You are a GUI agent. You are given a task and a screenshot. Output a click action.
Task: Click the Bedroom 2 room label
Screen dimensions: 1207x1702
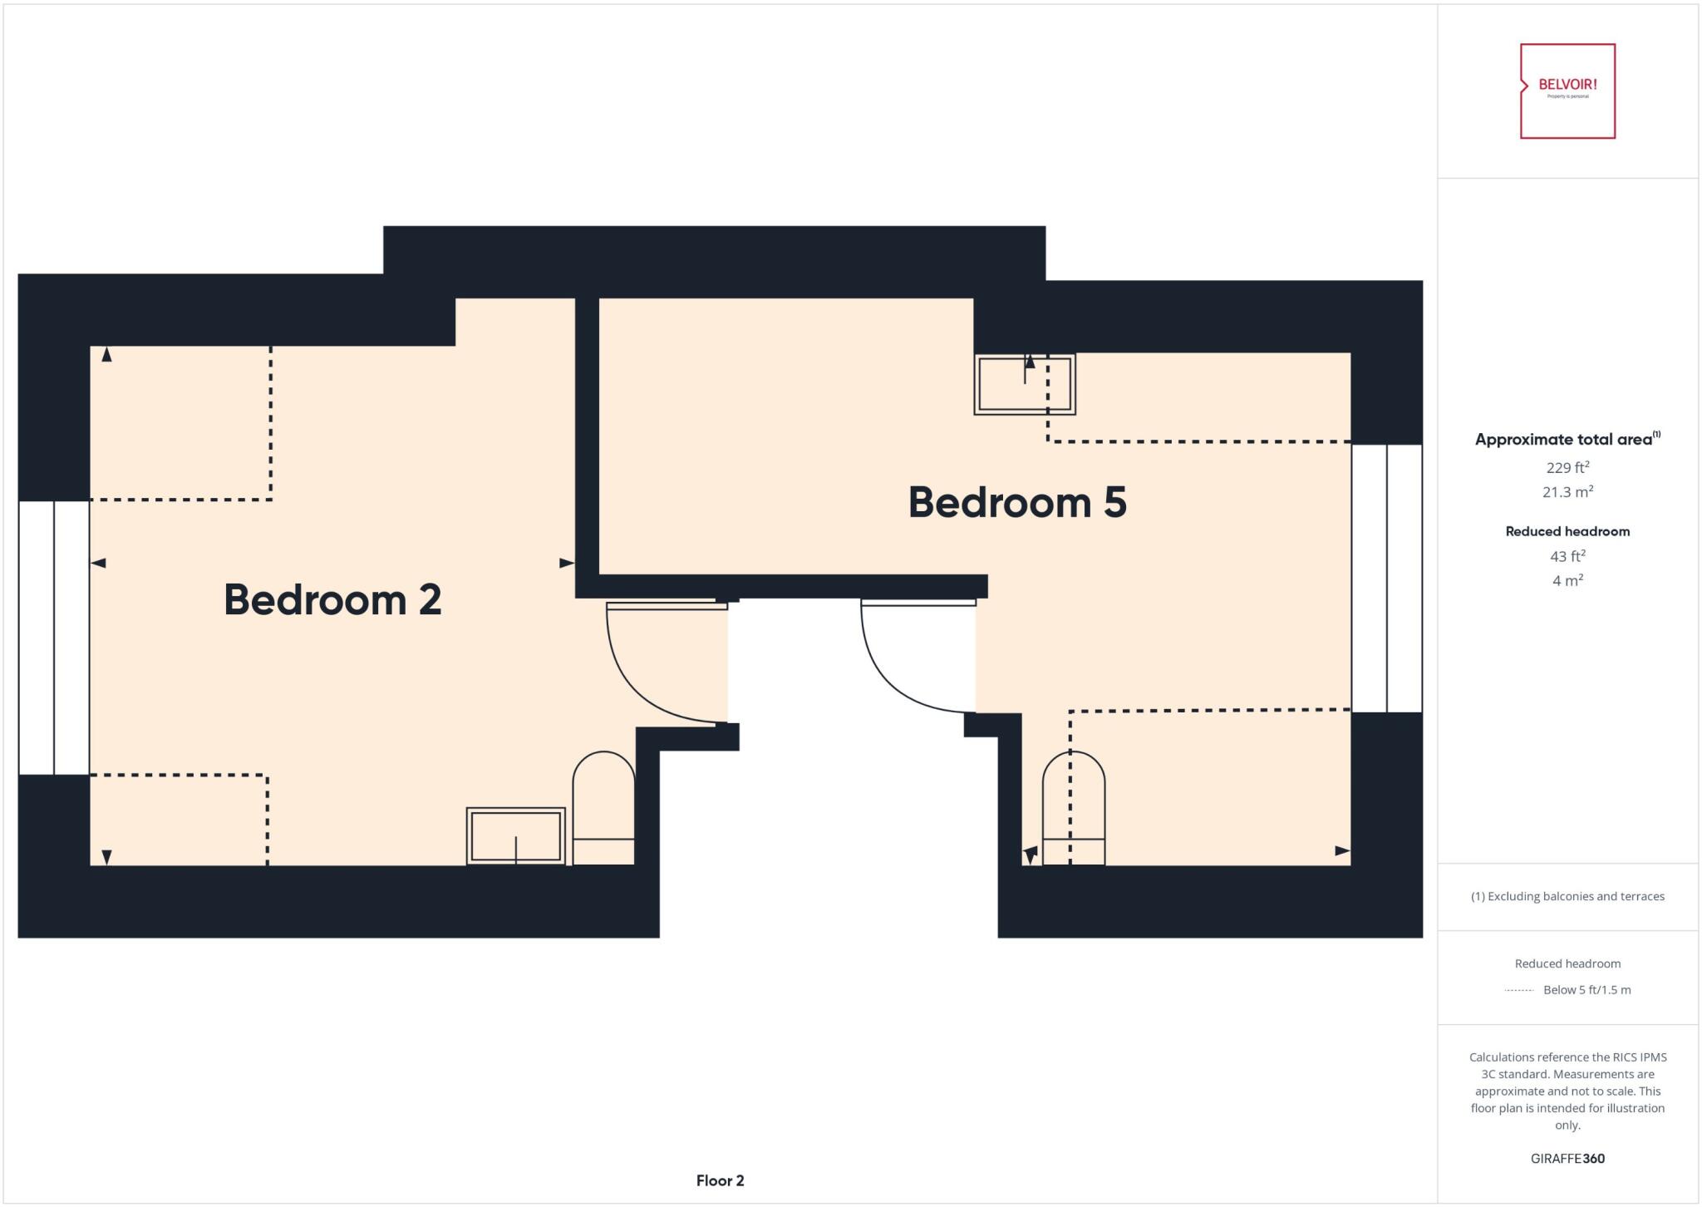(332, 599)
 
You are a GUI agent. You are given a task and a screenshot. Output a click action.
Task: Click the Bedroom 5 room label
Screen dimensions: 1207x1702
(1017, 502)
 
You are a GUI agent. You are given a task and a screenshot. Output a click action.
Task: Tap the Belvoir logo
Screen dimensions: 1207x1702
(1567, 91)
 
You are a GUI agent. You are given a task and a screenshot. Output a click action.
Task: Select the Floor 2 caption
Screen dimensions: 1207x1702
(720, 1180)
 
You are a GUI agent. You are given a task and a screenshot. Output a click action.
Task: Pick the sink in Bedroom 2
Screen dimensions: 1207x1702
(516, 835)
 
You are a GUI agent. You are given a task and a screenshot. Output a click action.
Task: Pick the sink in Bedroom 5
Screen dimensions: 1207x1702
(1025, 384)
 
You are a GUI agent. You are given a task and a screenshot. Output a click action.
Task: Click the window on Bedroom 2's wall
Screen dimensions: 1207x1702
(54, 638)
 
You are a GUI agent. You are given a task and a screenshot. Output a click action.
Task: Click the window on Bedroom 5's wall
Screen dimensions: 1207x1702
(1387, 578)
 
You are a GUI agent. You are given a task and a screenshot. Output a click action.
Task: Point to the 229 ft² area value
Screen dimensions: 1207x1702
(1567, 467)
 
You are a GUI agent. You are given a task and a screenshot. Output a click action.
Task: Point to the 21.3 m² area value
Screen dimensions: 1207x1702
(1567, 492)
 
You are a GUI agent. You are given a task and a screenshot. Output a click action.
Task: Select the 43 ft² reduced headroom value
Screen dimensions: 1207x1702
(1567, 556)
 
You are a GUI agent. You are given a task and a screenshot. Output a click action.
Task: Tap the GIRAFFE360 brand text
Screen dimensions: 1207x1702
(1567, 1158)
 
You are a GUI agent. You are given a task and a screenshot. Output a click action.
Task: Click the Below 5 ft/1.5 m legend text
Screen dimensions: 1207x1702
(1586, 990)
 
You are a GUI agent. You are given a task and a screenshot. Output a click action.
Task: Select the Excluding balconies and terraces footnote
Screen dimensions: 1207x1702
(1567, 896)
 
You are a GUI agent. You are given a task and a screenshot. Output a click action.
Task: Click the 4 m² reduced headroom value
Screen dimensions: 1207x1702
(1567, 581)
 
